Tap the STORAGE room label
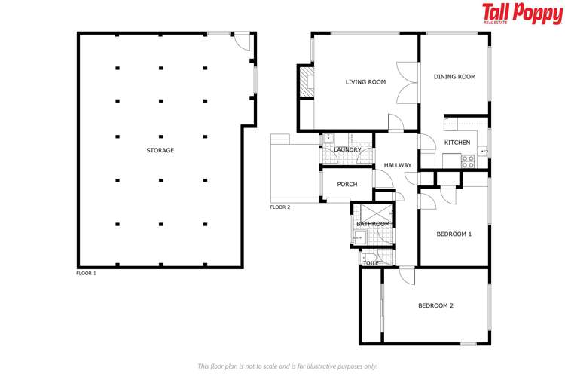pos(160,150)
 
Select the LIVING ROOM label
pos(365,82)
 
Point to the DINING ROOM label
pos(454,76)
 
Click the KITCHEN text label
pos(457,143)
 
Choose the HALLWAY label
pos(398,165)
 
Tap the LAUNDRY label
pos(347,150)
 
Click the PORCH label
pos(347,185)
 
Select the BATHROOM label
pos(372,224)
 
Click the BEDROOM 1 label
pos(454,234)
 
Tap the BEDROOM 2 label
pos(435,305)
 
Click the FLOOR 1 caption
pos(87,273)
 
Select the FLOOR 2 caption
pos(280,207)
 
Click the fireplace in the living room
pos(307,82)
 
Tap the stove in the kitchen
pos(468,159)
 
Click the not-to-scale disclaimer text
pos(287,366)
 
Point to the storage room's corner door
pos(243,42)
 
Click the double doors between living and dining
pos(408,82)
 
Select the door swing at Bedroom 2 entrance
pos(407,276)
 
